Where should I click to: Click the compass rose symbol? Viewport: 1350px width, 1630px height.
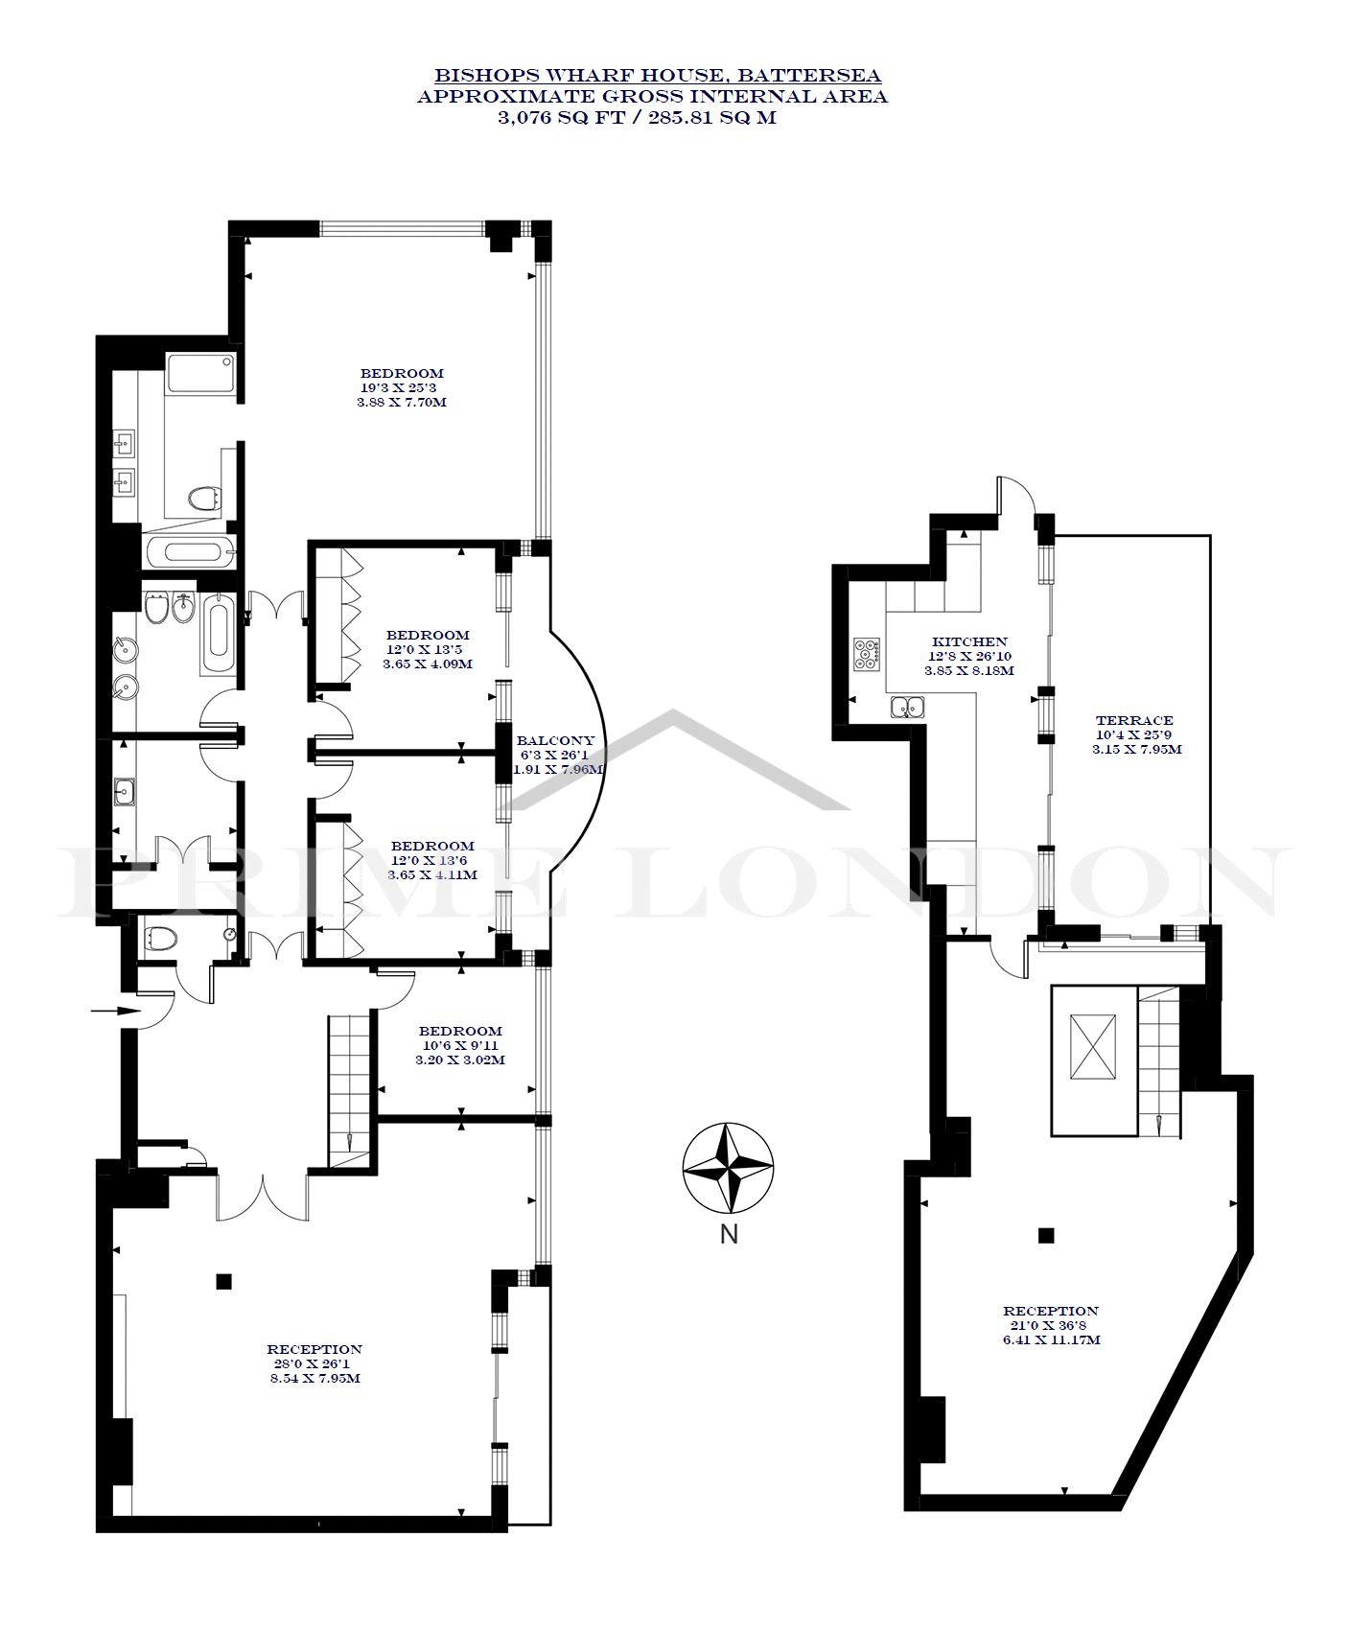pos(729,1168)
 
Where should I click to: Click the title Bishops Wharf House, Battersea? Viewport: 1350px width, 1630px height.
pos(658,75)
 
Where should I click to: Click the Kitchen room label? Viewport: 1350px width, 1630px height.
pos(970,641)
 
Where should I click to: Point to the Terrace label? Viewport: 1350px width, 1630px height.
pos(1134,720)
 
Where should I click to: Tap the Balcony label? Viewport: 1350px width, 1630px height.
pos(555,740)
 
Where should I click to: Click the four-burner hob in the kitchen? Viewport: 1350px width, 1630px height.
pos(867,653)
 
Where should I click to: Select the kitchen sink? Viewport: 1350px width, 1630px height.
pos(906,708)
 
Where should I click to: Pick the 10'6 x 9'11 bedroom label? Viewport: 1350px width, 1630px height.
pos(460,1045)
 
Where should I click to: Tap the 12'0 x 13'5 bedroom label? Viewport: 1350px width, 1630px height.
pos(428,648)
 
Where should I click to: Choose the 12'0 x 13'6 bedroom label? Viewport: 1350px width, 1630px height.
pos(432,860)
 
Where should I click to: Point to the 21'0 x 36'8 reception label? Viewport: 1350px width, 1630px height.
pos(1051,1325)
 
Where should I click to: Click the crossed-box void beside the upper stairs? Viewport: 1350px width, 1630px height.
pos(1094,1047)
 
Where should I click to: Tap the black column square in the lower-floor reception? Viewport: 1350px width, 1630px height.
pos(224,1280)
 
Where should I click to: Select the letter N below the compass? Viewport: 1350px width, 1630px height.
pos(729,1234)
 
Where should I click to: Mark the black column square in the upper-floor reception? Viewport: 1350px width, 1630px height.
pos(1046,1235)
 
